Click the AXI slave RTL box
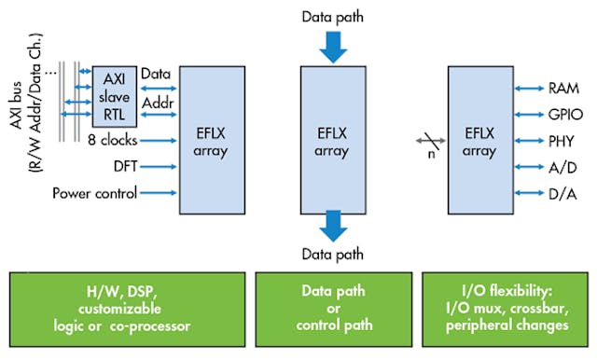click(x=114, y=96)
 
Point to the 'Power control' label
click(x=95, y=193)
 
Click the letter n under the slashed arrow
click(x=431, y=155)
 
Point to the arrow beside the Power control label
click(x=158, y=193)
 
